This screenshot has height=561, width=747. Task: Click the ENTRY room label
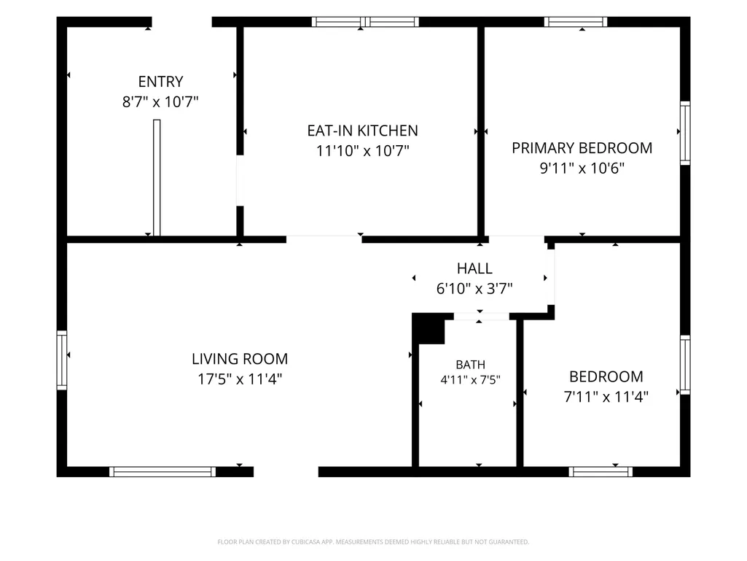(x=160, y=82)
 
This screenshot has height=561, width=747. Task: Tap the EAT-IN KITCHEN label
(x=362, y=131)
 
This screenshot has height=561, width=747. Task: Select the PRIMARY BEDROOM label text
(x=582, y=148)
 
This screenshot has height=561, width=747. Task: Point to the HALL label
(x=474, y=268)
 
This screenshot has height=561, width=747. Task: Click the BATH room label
(x=471, y=365)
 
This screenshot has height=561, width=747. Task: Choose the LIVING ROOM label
(x=240, y=359)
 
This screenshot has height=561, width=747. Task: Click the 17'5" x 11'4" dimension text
(x=240, y=379)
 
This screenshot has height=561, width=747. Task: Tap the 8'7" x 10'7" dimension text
(x=160, y=101)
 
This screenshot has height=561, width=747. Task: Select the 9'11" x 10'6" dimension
(x=582, y=168)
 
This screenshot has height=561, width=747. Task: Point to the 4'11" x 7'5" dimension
(x=471, y=380)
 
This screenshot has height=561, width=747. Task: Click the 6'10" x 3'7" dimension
(x=474, y=288)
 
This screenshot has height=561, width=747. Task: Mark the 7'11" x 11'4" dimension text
(x=606, y=396)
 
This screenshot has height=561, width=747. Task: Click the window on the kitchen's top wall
(x=365, y=22)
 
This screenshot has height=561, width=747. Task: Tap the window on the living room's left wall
(x=62, y=360)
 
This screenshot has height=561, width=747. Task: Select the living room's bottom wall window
(x=163, y=472)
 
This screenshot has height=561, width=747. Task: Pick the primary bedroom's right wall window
(x=685, y=133)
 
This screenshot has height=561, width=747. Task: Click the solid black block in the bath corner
(x=429, y=329)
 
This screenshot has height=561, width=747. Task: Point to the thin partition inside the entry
(x=157, y=178)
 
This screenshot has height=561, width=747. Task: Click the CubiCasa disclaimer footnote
(x=373, y=542)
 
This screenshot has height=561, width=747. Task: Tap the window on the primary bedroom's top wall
(x=576, y=22)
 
